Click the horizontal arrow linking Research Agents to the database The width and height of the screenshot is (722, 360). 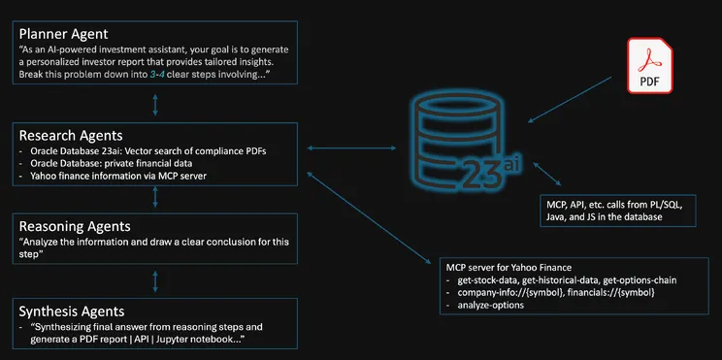point(344,148)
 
